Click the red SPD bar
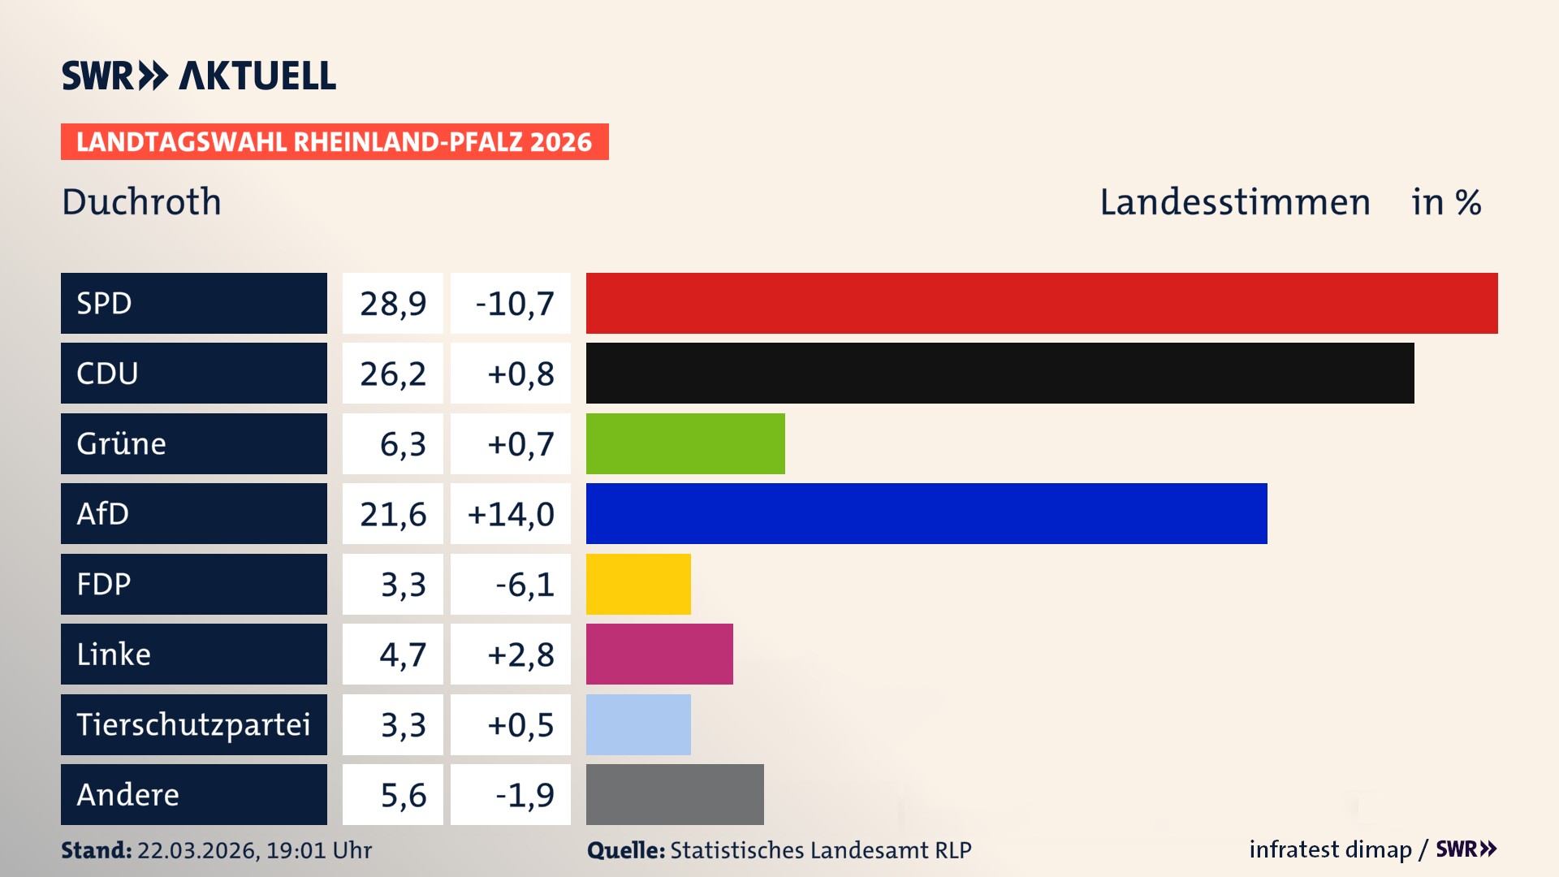(x=1042, y=303)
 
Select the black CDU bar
(x=1000, y=373)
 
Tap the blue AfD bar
(x=926, y=513)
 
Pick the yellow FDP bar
(x=638, y=584)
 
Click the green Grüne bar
(x=685, y=443)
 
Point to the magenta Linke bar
(x=659, y=654)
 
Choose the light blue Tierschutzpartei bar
(x=638, y=724)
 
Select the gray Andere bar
(x=675, y=794)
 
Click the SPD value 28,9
(x=393, y=304)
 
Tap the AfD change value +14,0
(x=511, y=514)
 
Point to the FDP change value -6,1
(x=525, y=585)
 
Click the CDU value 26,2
(x=393, y=374)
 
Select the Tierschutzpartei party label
(x=193, y=724)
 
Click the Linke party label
(x=114, y=655)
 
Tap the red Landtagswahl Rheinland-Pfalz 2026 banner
(x=335, y=142)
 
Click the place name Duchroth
(x=141, y=201)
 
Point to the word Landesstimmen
(x=1234, y=202)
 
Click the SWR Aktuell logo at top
(x=199, y=76)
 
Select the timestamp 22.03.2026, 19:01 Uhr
(x=254, y=850)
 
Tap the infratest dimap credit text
(x=1329, y=849)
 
